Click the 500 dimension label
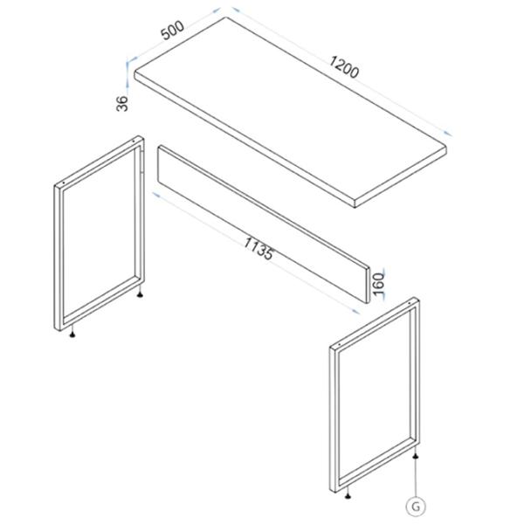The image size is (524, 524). (x=172, y=30)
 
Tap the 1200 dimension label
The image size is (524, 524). (x=344, y=67)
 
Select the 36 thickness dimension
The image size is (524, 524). (x=122, y=103)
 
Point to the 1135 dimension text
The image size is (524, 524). (x=259, y=249)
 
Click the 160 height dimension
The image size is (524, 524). (x=378, y=284)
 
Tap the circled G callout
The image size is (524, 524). (x=416, y=507)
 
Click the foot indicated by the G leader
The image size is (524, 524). (x=415, y=456)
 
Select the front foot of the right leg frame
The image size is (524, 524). (x=348, y=496)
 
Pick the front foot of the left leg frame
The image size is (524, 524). (x=72, y=334)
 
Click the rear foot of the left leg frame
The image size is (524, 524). (x=141, y=293)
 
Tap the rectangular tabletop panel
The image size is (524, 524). (x=290, y=112)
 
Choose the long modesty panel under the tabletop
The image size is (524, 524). (x=264, y=224)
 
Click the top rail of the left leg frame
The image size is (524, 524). (x=100, y=162)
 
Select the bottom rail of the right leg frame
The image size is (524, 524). (x=375, y=465)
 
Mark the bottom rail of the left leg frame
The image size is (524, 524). (x=100, y=303)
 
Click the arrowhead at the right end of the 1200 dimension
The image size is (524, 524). (x=448, y=133)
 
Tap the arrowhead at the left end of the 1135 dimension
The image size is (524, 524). (x=156, y=195)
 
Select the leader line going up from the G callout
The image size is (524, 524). (x=415, y=478)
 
